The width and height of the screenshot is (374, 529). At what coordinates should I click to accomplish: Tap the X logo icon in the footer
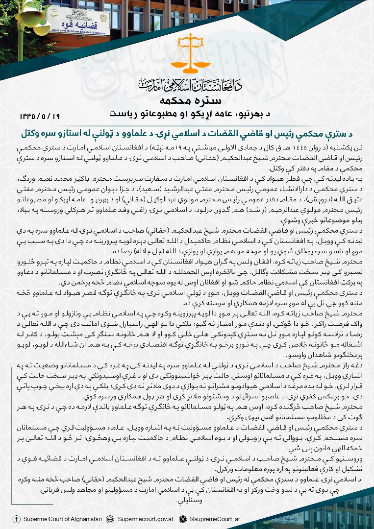pyautogui.click(x=183, y=519)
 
